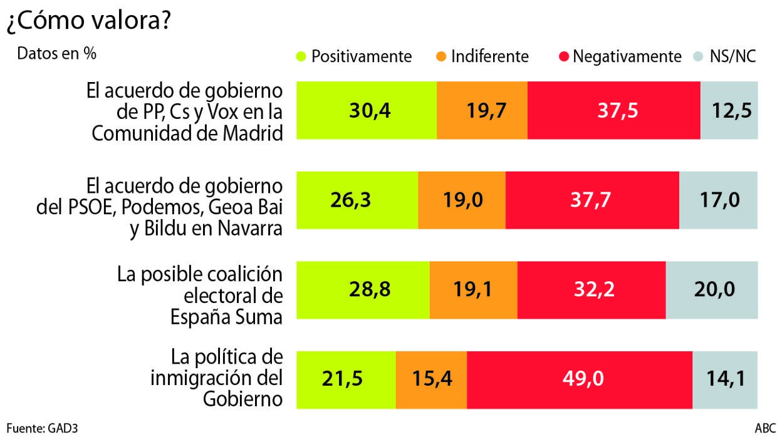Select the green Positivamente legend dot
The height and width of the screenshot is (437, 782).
click(301, 56)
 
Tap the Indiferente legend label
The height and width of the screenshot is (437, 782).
click(489, 56)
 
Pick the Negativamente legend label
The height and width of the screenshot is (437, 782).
click(627, 56)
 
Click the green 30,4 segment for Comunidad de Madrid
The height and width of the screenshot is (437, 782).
click(366, 110)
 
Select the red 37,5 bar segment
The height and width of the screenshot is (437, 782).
click(613, 110)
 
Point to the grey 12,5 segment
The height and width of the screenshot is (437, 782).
click(729, 110)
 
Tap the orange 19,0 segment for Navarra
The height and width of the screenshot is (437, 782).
click(462, 200)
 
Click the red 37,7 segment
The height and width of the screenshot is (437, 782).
click(592, 200)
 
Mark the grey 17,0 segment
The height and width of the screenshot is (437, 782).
click(719, 200)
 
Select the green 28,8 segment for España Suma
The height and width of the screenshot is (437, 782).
click(363, 290)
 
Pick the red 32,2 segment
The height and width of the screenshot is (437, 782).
click(592, 290)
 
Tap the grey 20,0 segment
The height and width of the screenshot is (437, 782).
click(712, 290)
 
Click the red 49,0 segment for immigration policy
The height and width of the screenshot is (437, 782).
click(580, 380)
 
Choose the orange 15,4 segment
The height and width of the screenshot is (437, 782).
click(431, 380)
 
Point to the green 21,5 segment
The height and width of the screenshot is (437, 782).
click(346, 380)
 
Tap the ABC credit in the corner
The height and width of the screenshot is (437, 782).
click(765, 429)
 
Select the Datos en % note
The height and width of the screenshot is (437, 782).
click(56, 54)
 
